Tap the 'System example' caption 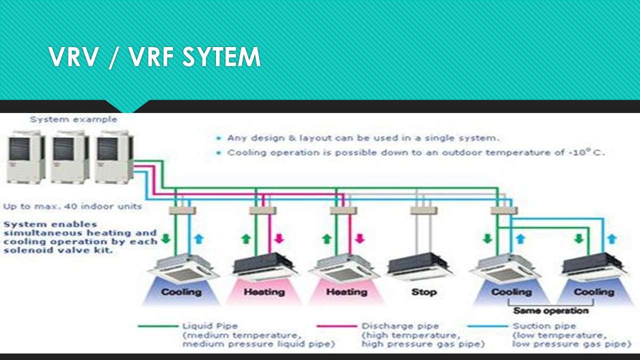73,119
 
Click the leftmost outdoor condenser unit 26,156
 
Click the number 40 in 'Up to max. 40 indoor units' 63,206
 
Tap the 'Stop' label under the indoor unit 423,291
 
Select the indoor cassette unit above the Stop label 419,265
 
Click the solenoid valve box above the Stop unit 423,210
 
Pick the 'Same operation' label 550,310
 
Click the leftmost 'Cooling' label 181,291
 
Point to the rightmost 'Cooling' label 593,291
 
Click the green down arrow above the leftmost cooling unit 166,238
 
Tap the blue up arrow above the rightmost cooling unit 611,238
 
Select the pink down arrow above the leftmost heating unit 279,238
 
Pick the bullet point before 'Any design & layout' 218,138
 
